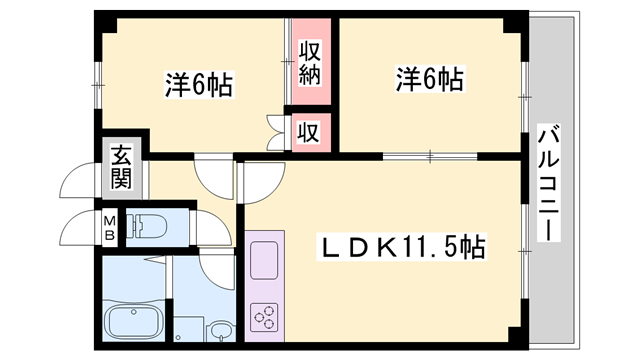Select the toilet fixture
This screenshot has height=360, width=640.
click(x=149, y=228)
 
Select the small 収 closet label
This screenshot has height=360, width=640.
click(x=311, y=130)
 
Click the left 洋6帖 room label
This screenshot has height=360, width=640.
click(x=199, y=85)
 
